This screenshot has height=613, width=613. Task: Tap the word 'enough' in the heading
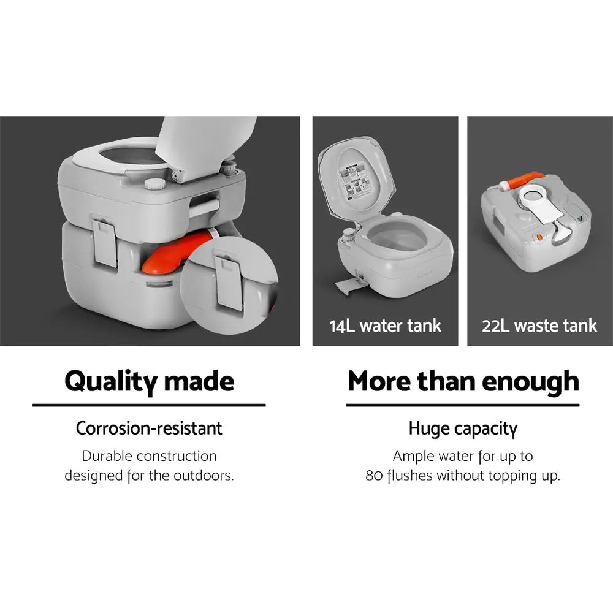530,381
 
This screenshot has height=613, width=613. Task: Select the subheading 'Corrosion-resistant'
149,428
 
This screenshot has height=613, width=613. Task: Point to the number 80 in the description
373,476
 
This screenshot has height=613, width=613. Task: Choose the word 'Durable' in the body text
107,456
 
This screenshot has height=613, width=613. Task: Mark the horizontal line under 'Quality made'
149,405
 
